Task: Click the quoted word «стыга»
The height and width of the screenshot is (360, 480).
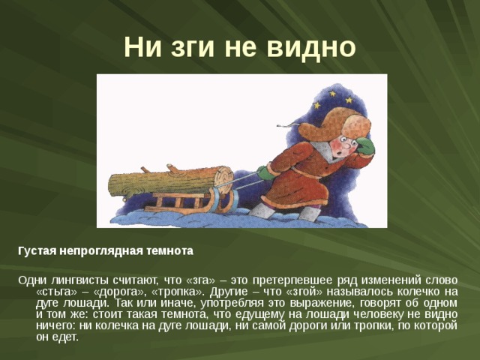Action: click(x=57, y=292)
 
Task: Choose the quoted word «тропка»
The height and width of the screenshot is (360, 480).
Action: click(x=172, y=292)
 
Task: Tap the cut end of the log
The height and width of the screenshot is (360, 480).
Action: click(x=223, y=178)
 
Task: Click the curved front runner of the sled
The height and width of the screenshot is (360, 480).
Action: click(x=225, y=200)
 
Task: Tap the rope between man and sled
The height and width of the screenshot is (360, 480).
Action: click(x=247, y=180)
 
